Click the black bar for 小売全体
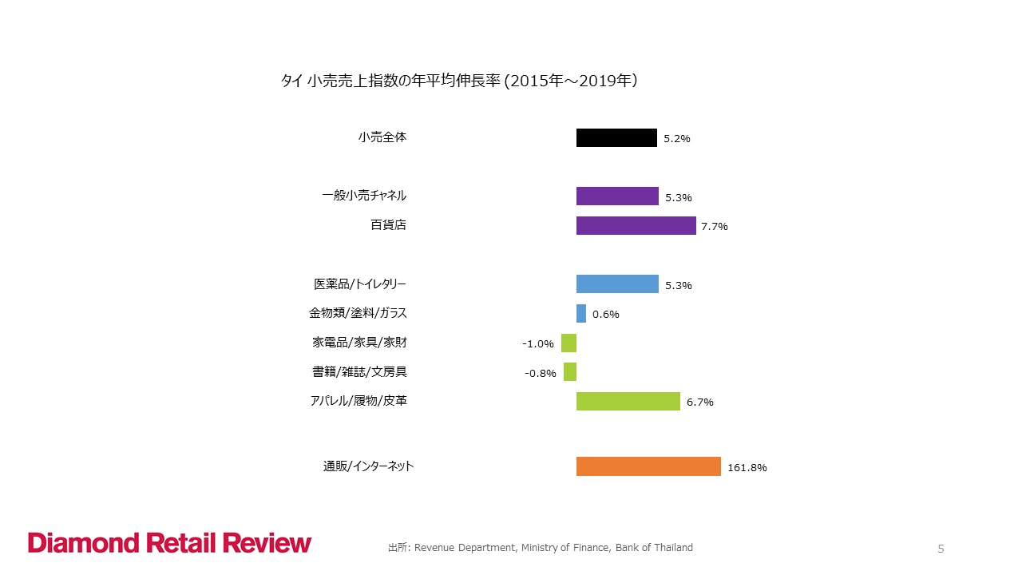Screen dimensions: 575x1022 (x=616, y=137)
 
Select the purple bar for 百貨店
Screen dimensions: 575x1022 (x=636, y=225)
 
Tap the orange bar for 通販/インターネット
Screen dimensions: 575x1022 (x=648, y=466)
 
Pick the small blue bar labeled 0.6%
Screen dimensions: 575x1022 (x=581, y=313)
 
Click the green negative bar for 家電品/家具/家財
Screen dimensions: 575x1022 (x=568, y=343)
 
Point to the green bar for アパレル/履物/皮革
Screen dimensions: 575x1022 (x=628, y=401)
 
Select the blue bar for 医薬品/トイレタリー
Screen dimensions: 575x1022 (x=617, y=284)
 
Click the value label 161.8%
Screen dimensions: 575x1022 (x=747, y=468)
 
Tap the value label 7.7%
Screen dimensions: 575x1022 (x=715, y=227)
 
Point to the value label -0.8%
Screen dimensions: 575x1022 (x=541, y=373)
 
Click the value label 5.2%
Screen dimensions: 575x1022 (x=677, y=139)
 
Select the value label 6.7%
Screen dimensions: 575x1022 (x=700, y=402)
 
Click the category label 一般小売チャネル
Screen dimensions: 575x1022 (x=364, y=196)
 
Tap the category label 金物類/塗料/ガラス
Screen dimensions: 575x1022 (x=358, y=313)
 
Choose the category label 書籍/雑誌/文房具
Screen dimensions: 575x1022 (x=359, y=372)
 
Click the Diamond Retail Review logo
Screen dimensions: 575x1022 (x=170, y=543)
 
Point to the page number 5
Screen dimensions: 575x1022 (x=941, y=549)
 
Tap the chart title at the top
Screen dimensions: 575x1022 (x=458, y=81)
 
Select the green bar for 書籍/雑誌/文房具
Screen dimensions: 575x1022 (x=570, y=372)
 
